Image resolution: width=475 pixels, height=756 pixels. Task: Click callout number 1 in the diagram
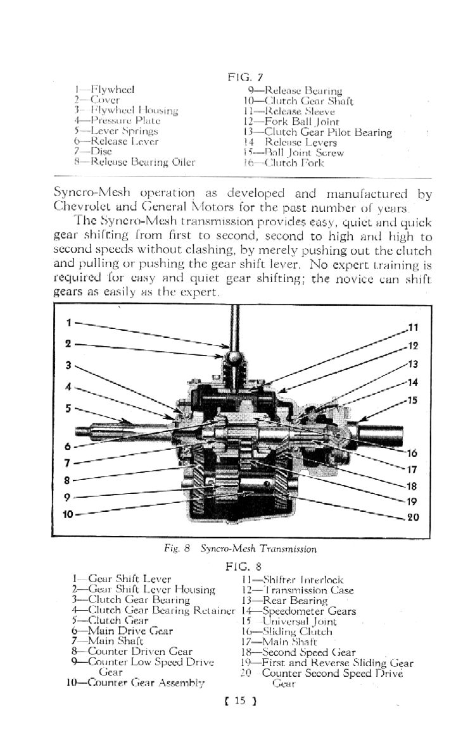point(70,322)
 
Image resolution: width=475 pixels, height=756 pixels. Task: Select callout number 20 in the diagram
point(412,517)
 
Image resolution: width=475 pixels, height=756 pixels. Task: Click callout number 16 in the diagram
point(412,453)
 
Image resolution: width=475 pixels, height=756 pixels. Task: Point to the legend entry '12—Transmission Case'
point(298,590)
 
